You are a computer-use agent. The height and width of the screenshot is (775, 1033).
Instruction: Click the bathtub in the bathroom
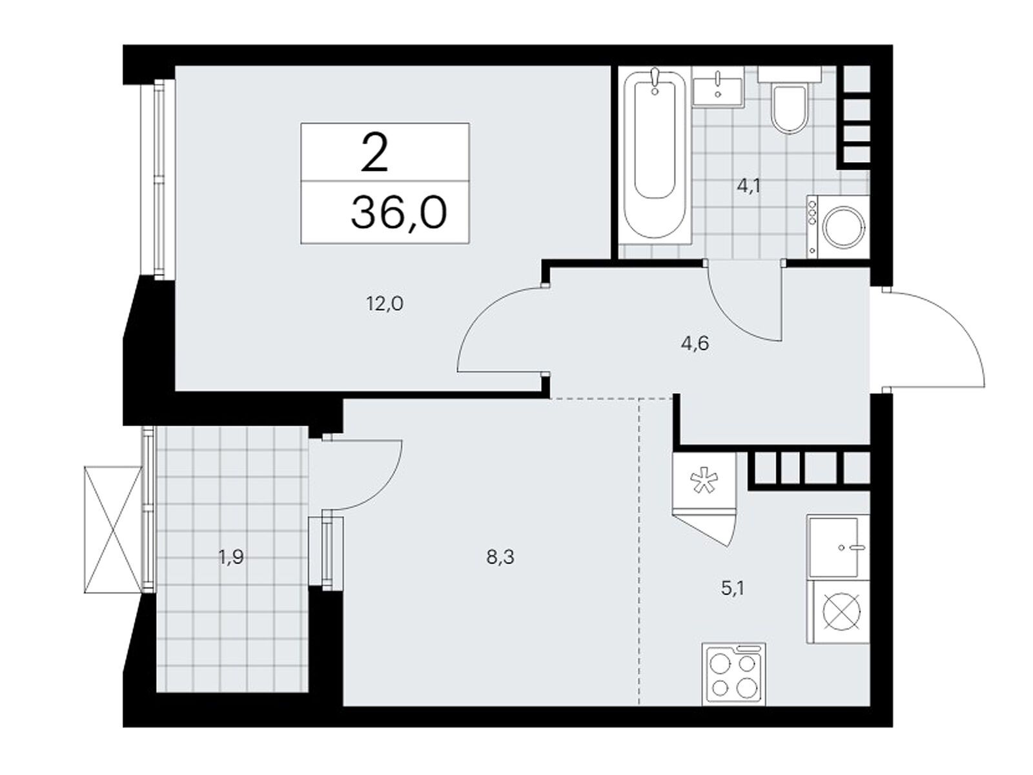click(x=653, y=156)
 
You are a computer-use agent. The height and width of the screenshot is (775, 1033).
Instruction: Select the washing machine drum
click(x=844, y=228)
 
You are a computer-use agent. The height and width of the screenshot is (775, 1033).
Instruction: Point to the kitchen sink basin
click(x=832, y=547)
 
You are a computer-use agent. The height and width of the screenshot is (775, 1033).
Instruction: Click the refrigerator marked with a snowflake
click(x=704, y=480)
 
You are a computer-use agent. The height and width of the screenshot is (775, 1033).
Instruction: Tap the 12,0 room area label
click(x=385, y=304)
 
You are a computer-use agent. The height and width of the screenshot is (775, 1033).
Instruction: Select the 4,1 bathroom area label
click(x=749, y=187)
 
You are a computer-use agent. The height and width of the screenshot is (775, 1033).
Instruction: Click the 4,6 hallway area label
click(x=695, y=344)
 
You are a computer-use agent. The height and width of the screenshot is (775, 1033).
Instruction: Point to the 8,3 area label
click(x=500, y=558)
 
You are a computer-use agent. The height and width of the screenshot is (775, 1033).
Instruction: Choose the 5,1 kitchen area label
click(x=732, y=588)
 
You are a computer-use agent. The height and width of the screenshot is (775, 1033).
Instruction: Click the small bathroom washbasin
click(x=717, y=90)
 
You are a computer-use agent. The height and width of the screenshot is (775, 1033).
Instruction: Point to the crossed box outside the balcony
click(x=113, y=530)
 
